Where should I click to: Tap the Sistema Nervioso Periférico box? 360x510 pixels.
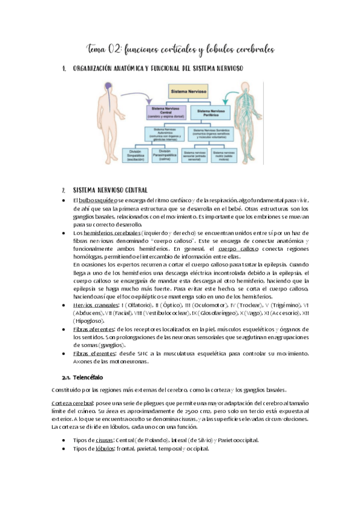(210, 112)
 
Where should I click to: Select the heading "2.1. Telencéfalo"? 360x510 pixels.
(82, 377)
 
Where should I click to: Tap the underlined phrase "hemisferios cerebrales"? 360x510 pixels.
(113, 232)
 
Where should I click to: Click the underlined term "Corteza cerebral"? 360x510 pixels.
(73, 401)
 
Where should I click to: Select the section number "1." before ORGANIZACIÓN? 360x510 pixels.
(64, 69)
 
